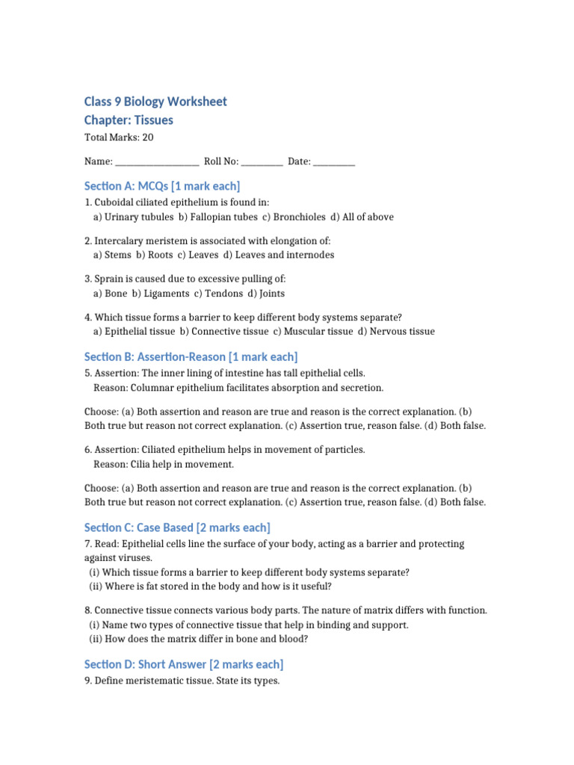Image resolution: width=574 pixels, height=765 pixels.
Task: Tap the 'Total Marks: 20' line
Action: [119, 137]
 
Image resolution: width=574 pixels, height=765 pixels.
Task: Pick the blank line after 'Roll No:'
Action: [262, 162]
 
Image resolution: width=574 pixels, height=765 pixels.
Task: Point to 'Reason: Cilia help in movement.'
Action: [164, 465]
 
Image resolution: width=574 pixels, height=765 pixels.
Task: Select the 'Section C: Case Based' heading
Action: [177, 528]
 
